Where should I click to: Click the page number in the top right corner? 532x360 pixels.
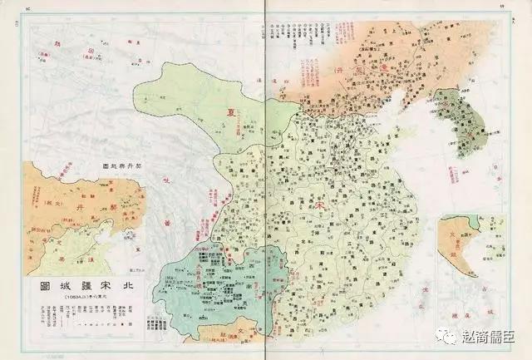[x=503, y=6]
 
